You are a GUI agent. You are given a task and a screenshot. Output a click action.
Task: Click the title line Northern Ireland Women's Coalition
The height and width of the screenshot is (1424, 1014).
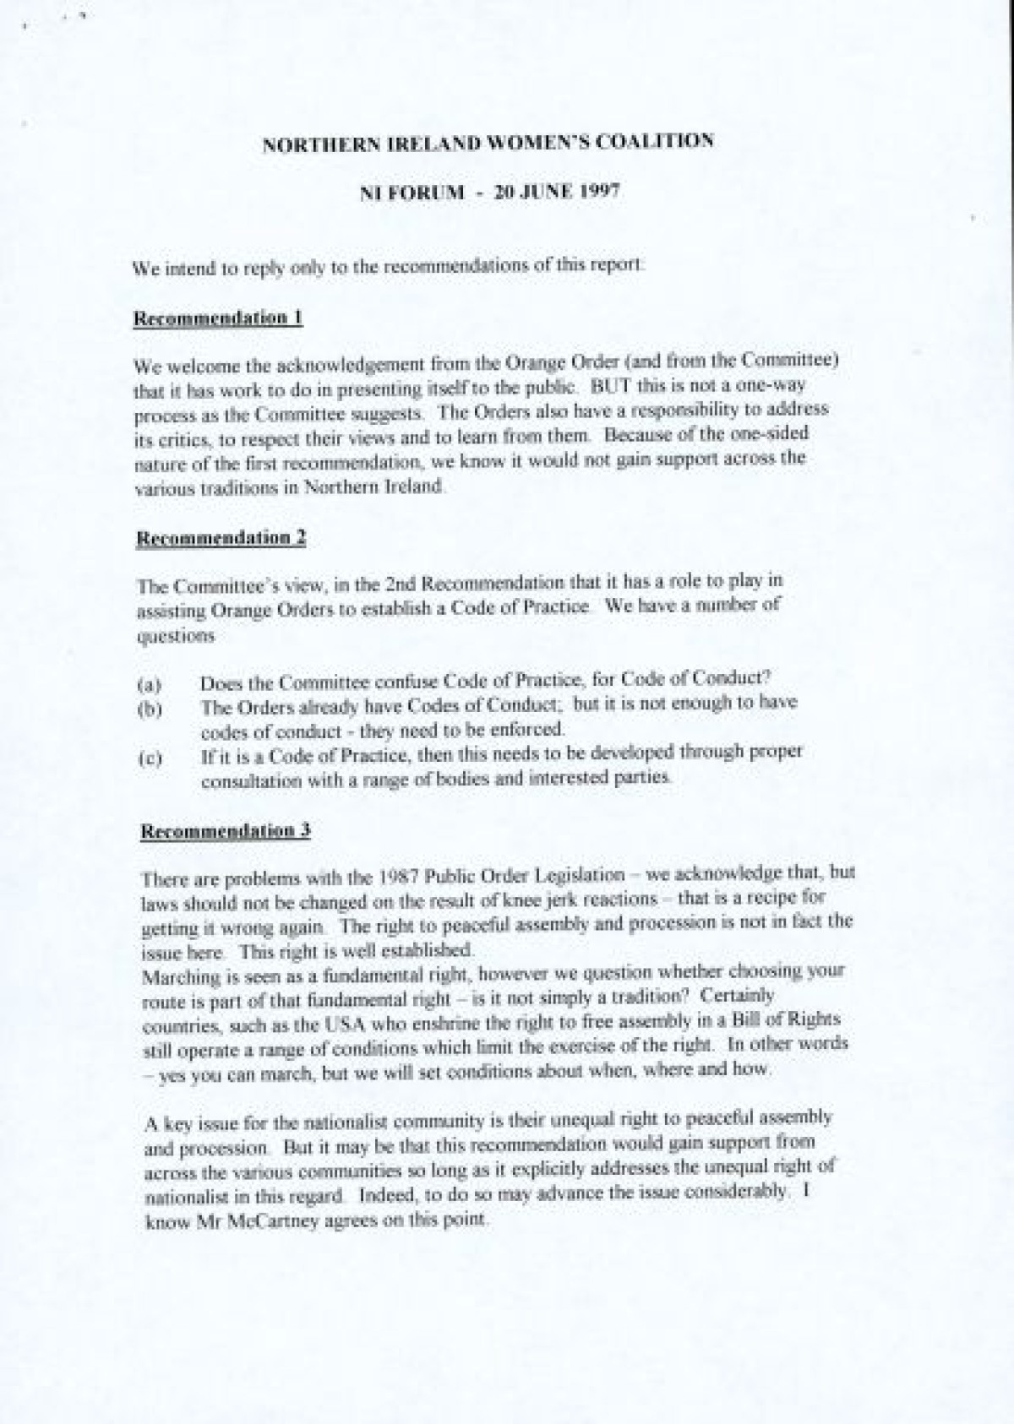[x=488, y=142]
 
